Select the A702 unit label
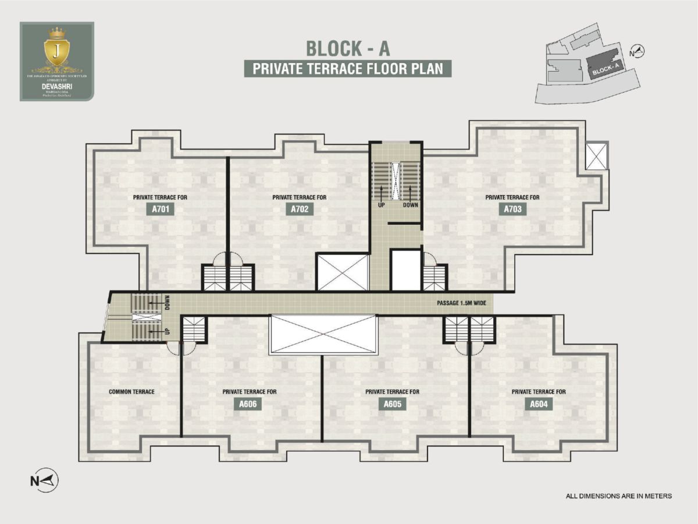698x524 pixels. click(x=300, y=209)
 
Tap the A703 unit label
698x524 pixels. click(x=512, y=209)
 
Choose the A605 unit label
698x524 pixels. click(x=392, y=404)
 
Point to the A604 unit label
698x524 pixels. click(x=539, y=404)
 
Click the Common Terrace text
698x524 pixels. click(x=131, y=392)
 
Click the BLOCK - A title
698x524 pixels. click(x=348, y=48)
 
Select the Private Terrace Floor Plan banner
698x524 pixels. click(x=348, y=69)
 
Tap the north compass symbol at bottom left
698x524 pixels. click(x=44, y=480)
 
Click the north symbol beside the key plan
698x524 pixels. click(x=638, y=52)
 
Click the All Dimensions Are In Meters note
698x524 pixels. click(x=619, y=496)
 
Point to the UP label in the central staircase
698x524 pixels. click(x=382, y=205)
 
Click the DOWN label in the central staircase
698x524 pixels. click(x=410, y=205)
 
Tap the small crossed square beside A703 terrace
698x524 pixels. click(x=596, y=155)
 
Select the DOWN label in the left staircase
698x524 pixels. click(x=167, y=302)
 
